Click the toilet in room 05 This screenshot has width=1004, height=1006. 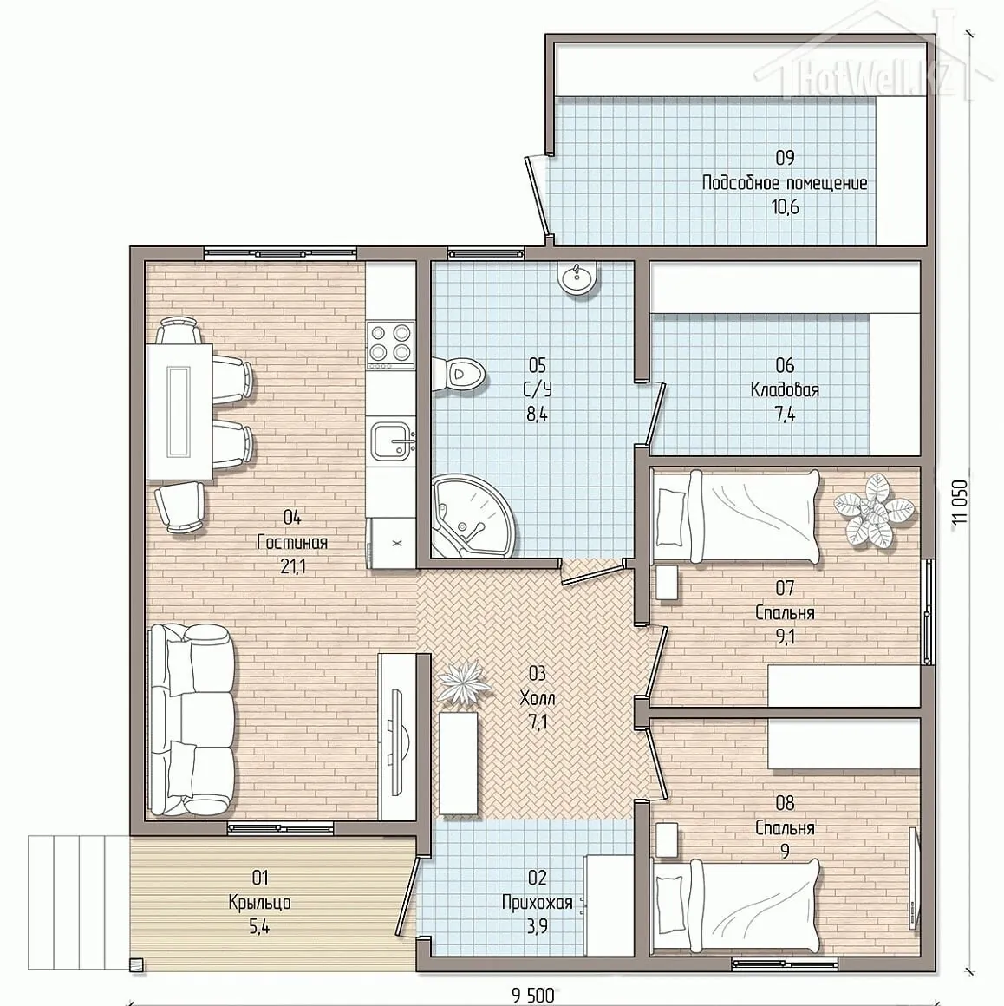[459, 375]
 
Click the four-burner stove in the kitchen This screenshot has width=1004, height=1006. [388, 343]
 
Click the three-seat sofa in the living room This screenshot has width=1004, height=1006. [191, 720]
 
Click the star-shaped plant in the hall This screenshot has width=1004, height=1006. [465, 683]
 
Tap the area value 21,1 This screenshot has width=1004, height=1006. [292, 566]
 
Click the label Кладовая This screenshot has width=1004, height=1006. [785, 390]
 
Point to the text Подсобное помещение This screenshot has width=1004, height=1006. [785, 184]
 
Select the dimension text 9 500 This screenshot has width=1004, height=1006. [532, 995]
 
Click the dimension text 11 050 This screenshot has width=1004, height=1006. [959, 502]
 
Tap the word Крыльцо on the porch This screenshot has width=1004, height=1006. [260, 903]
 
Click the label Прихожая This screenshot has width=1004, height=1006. [537, 904]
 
